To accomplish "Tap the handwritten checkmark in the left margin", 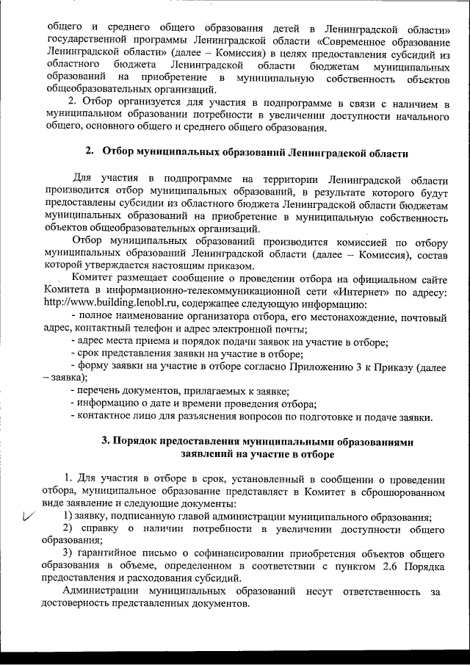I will (x=28, y=517).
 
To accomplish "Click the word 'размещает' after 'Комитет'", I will (x=144, y=278).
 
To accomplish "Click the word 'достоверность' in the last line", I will (x=83, y=603).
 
